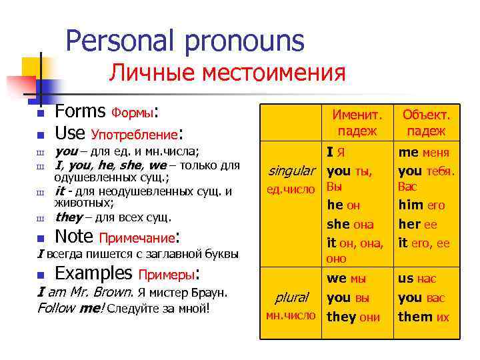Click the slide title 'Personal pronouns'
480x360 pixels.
tap(185, 41)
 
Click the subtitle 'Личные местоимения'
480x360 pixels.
tap(227, 73)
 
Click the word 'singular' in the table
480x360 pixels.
tap(290, 171)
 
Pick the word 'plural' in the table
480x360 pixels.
tap(291, 297)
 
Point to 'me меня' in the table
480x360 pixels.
tap(426, 153)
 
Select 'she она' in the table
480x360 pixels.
tap(350, 225)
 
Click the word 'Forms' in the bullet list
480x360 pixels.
tap(80, 111)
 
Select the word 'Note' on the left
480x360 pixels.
tap(74, 236)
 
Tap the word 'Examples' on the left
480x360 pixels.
tap(93, 273)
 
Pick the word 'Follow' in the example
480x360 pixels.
tap(57, 308)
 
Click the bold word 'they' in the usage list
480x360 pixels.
tap(68, 217)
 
